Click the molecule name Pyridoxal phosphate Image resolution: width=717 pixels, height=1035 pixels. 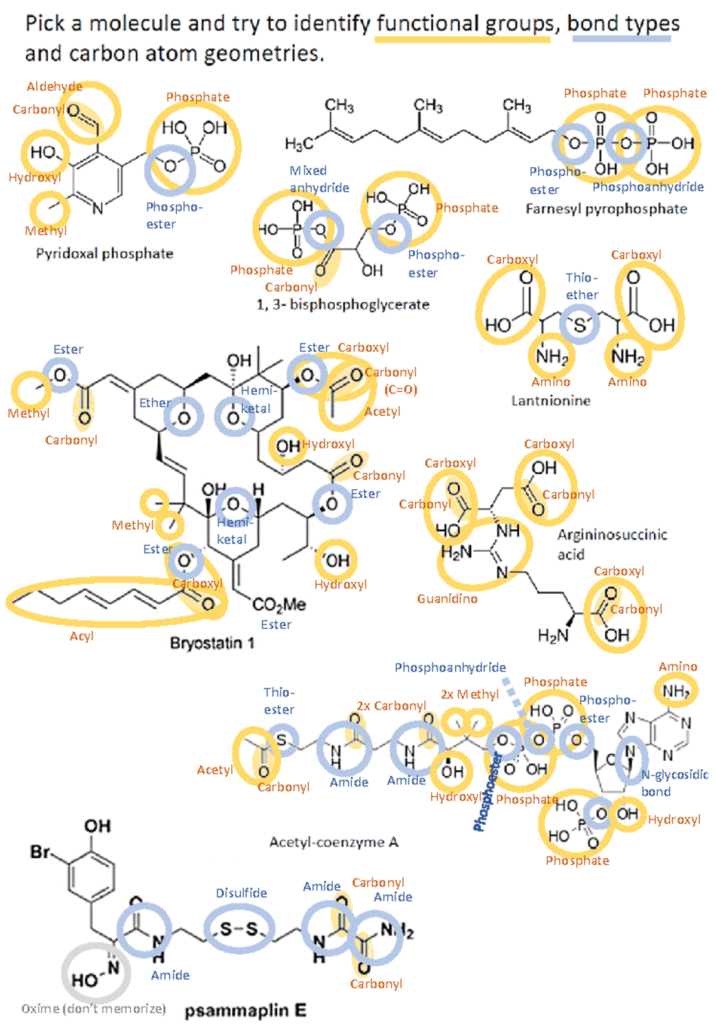[x=105, y=254]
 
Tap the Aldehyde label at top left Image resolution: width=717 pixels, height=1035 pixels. [x=54, y=87]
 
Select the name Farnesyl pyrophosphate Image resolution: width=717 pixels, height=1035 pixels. [x=606, y=209]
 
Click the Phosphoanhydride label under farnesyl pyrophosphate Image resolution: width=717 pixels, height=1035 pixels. [x=648, y=187]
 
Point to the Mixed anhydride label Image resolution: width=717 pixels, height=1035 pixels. [x=319, y=179]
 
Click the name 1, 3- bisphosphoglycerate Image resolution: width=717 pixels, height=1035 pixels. [x=343, y=305]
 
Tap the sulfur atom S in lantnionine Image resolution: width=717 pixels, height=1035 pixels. [x=579, y=325]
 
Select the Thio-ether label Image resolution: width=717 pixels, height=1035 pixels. [x=582, y=286]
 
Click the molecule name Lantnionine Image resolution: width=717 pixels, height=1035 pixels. [x=550, y=401]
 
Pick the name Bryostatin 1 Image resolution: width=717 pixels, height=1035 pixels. [x=212, y=643]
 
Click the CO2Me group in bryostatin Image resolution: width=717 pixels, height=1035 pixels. [x=279, y=605]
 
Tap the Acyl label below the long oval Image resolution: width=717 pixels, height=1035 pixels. [x=81, y=636]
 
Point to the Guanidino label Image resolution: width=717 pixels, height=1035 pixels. [x=447, y=598]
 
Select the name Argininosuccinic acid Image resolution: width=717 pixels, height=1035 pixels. [x=612, y=544]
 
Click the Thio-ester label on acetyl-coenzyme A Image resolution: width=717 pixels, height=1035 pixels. [x=279, y=701]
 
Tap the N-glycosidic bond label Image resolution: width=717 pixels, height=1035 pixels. [x=674, y=783]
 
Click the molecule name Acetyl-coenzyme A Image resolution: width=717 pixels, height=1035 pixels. [x=333, y=842]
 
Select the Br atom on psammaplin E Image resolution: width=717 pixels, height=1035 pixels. [x=40, y=852]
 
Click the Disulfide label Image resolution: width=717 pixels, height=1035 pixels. [x=241, y=893]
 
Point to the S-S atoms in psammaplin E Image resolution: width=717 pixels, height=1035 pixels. [x=238, y=929]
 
